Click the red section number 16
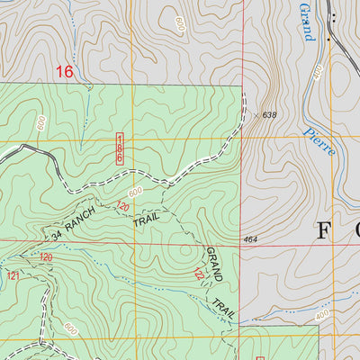coord(63,71)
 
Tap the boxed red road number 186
coord(119,148)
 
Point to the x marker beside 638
coord(256,114)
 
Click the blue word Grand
coord(306,20)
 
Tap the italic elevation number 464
coord(252,239)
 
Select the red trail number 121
coord(13,276)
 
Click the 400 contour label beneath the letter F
coord(322,313)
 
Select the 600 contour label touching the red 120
coord(136,193)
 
